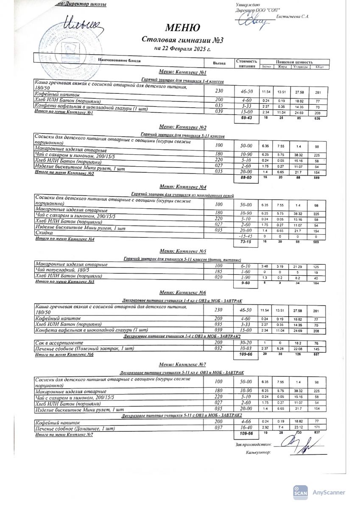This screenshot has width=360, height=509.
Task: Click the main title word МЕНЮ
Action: tap(183, 28)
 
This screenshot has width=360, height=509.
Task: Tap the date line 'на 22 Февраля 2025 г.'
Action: tap(183, 49)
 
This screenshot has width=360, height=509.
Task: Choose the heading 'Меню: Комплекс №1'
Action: tap(182, 73)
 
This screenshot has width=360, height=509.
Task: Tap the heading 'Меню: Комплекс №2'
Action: tap(182, 127)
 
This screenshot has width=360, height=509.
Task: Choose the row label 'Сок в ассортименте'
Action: tap(59, 342)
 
